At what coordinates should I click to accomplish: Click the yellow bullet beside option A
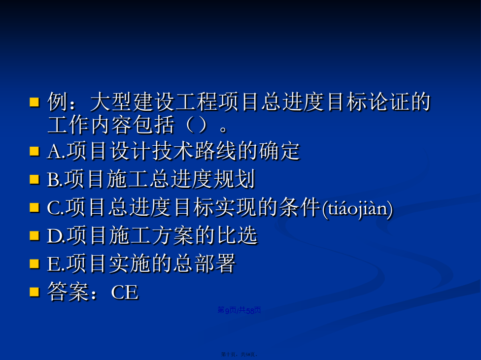coord(34,151)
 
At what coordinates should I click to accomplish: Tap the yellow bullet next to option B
coord(34,179)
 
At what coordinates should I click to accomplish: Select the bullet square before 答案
coord(34,292)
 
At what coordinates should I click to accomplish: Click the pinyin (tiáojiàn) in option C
coord(357,209)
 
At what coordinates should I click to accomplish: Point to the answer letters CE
coord(125,292)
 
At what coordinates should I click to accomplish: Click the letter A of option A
coord(54,152)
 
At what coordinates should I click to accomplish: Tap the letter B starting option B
coord(53,180)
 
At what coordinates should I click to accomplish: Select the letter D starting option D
coord(54,236)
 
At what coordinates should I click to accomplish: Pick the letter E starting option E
coord(53,264)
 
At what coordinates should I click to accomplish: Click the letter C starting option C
coord(54,208)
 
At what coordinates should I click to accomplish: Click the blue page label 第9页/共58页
coord(240,310)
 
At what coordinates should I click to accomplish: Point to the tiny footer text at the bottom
coord(240,354)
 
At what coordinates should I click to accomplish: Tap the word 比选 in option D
coord(237,235)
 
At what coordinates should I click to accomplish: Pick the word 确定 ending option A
coord(279,151)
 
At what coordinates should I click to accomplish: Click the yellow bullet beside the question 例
coord(34,102)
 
